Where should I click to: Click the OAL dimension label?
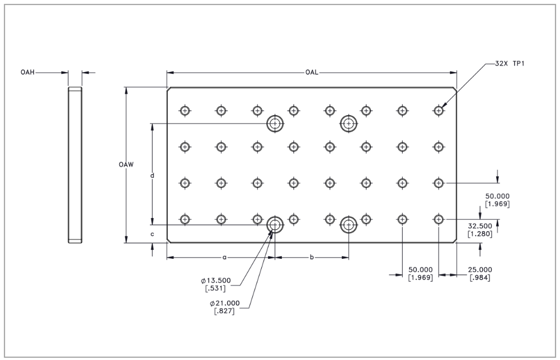coord(312,73)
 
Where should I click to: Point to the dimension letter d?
coord(152,176)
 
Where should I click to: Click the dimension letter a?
coord(224,258)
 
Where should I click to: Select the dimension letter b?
coord(312,258)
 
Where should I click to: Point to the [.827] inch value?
coord(224,311)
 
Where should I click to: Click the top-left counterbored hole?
coord(275,123)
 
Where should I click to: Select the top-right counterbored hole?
coord(349,123)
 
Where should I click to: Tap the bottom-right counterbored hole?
coord(349,225)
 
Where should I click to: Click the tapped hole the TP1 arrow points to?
coord(439,110)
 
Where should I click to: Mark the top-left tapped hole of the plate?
coord(185,110)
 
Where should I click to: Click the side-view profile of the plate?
coord(75,165)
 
